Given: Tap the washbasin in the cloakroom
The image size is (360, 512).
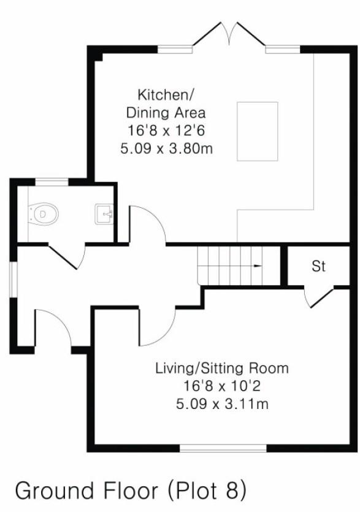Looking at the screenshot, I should tap(104, 214).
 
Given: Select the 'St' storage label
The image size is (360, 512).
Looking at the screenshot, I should tap(318, 267).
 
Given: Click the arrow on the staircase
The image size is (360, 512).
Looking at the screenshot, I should tap(256, 266).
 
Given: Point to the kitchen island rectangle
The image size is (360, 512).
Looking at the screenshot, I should tap(258, 131).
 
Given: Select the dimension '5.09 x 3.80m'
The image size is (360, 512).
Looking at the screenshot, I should tap(167, 148).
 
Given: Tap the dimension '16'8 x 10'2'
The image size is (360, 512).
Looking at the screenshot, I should tap(221, 386).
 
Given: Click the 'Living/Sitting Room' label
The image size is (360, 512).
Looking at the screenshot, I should tap(221, 369).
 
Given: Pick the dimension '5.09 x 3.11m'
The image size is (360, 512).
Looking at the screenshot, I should tap(221, 404).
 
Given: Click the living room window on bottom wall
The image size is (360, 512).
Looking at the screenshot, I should tap(223, 448).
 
